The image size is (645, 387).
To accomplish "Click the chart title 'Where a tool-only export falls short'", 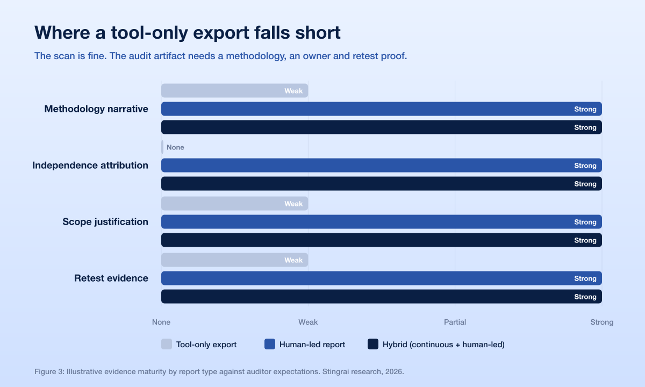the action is pyautogui.click(x=188, y=32).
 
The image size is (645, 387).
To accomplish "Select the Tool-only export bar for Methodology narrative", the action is pyautogui.click(x=235, y=91).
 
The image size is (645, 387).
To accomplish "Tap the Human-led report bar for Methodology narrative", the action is pyautogui.click(x=382, y=109).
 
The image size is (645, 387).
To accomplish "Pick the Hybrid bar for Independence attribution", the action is pyautogui.click(x=382, y=184).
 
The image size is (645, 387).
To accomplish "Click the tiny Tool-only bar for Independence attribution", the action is pyautogui.click(x=162, y=147).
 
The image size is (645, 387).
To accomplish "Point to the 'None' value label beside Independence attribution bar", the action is pyautogui.click(x=175, y=147).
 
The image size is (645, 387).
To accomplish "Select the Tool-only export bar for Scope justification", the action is pyautogui.click(x=235, y=204).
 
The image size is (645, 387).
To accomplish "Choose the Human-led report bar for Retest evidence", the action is pyautogui.click(x=382, y=278).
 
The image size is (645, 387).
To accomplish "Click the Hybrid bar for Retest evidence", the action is pyautogui.click(x=382, y=297).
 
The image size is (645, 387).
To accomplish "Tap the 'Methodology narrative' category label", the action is pyautogui.click(x=96, y=109).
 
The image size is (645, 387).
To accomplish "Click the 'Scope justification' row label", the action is pyautogui.click(x=105, y=221).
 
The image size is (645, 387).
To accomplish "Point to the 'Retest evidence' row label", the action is pyautogui.click(x=111, y=278).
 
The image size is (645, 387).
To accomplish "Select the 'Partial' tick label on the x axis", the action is pyautogui.click(x=455, y=322).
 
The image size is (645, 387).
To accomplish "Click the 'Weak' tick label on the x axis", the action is pyautogui.click(x=308, y=322).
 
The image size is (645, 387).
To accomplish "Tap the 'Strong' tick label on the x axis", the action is pyautogui.click(x=602, y=322).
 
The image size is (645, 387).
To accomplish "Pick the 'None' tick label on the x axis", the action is pyautogui.click(x=161, y=322).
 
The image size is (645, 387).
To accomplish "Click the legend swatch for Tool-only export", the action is pyautogui.click(x=167, y=344).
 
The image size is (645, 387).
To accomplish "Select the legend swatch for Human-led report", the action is pyautogui.click(x=270, y=344).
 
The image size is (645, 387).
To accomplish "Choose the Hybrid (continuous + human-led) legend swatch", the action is pyautogui.click(x=373, y=344).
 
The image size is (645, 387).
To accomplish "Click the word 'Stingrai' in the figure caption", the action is pyautogui.click(x=334, y=372).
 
